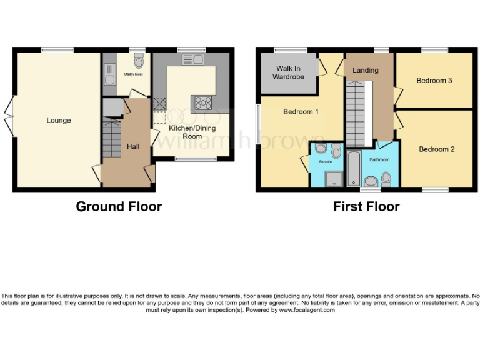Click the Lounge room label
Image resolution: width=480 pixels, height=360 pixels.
point(58,121)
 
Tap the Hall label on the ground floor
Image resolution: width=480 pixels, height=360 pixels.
point(133,146)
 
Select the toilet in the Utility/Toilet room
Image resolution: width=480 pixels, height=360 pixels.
point(139,62)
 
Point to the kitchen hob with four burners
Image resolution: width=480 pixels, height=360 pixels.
point(203,102)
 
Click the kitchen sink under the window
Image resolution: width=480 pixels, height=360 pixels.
point(191,59)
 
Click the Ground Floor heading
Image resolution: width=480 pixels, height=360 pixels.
point(119,207)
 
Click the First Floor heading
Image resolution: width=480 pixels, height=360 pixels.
point(366,207)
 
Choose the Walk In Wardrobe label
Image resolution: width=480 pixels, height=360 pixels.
point(287,72)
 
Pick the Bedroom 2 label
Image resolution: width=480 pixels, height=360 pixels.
point(437,149)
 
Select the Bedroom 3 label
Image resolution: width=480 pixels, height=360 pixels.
point(434,81)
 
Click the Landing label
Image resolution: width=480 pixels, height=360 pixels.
point(366,70)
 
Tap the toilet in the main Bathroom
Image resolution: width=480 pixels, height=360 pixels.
point(386,179)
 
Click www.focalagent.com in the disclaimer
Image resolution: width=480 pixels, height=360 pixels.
point(307,310)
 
